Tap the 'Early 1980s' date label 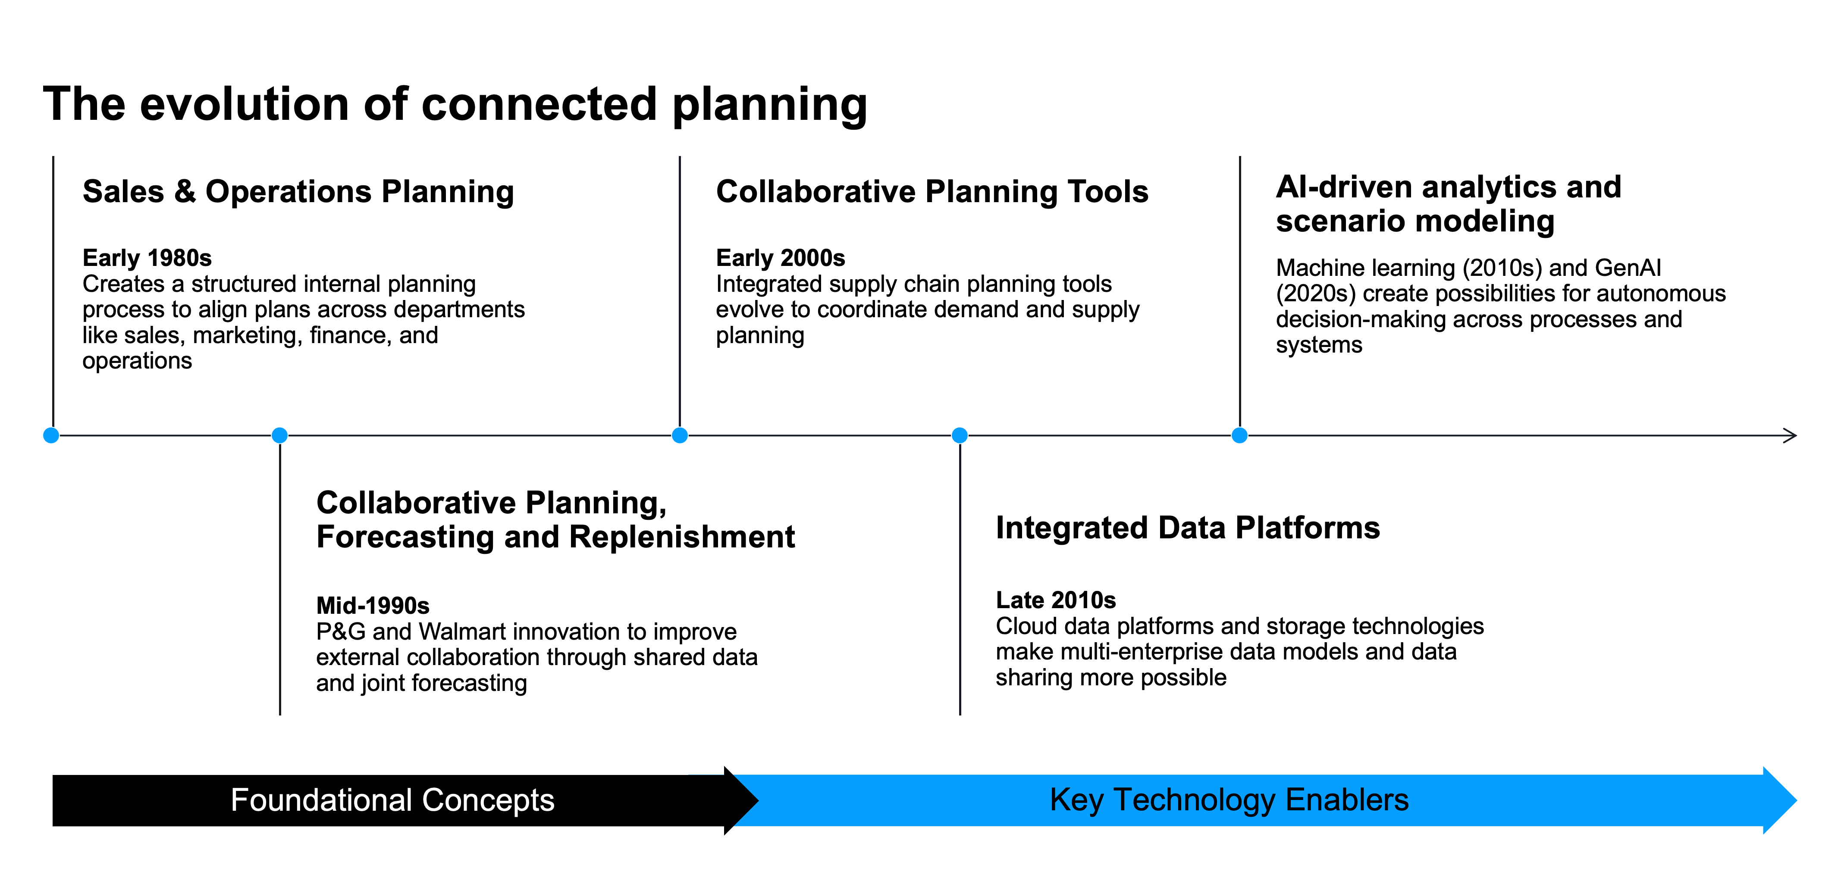coord(147,257)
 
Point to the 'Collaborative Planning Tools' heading coord(932,192)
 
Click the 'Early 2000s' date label coord(780,257)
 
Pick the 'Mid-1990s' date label coord(373,606)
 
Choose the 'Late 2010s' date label coord(1055,600)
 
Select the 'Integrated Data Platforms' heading coord(1187,528)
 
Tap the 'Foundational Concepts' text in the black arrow coord(392,800)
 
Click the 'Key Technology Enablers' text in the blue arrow coord(1229,800)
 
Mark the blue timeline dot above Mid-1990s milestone coord(280,435)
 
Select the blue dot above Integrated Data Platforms coord(960,435)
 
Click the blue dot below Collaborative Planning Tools coord(680,435)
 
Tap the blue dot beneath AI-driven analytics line coord(1239,435)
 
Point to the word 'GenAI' coord(1628,268)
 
